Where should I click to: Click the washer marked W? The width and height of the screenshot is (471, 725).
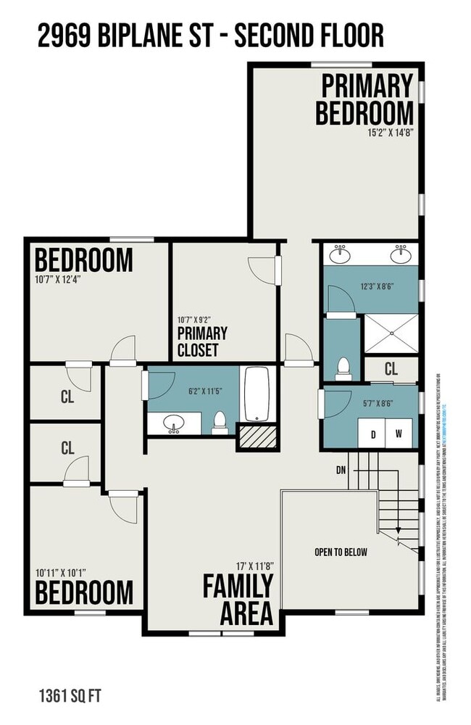tap(399, 434)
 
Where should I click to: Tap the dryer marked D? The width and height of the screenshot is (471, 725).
tap(373, 434)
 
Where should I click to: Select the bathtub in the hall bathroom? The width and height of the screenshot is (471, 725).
tap(257, 394)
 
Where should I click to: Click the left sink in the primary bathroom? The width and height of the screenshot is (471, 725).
tap(339, 255)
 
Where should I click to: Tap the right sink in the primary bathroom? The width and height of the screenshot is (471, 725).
tap(399, 255)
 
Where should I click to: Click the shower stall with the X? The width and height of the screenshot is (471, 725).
tap(391, 332)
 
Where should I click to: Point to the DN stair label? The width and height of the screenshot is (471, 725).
tap(341, 470)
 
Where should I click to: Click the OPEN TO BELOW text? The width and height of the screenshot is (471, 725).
tap(341, 552)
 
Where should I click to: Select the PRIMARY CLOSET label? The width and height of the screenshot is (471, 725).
tap(202, 342)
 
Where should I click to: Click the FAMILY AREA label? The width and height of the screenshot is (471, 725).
tap(238, 598)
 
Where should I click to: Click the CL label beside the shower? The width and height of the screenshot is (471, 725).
tap(391, 369)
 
